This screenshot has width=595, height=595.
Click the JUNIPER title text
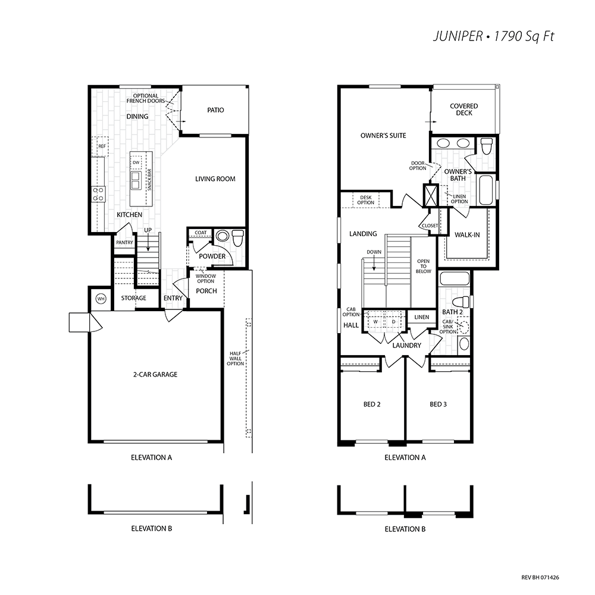pyautogui.click(x=458, y=36)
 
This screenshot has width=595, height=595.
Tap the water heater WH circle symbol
pyautogui.click(x=101, y=299)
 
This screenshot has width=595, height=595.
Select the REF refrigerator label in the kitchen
pyautogui.click(x=102, y=146)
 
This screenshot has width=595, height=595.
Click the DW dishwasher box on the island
pyautogui.click(x=136, y=162)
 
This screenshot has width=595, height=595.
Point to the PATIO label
pyautogui.click(x=215, y=110)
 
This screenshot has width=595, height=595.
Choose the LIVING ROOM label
pyautogui.click(x=215, y=178)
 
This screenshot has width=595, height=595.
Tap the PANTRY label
pyautogui.click(x=124, y=242)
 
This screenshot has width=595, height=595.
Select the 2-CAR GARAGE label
pyautogui.click(x=155, y=374)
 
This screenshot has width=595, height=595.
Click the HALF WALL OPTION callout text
pyautogui.click(x=235, y=359)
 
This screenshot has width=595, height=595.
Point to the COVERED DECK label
pyautogui.click(x=464, y=109)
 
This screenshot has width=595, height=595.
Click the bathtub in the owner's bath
pyautogui.click(x=486, y=190)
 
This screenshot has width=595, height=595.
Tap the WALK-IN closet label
pyautogui.click(x=467, y=235)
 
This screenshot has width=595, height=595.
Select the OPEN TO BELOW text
pyautogui.click(x=423, y=266)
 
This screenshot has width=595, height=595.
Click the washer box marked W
pyautogui.click(x=375, y=321)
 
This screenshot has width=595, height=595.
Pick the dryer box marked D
pyautogui.click(x=393, y=321)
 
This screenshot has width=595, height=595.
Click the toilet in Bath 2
pyautogui.click(x=462, y=302)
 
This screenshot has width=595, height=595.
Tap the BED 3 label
pyautogui.click(x=439, y=405)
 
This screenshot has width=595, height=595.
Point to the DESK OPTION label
pyautogui.click(x=365, y=200)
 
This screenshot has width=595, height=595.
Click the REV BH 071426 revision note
pyautogui.click(x=540, y=578)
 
